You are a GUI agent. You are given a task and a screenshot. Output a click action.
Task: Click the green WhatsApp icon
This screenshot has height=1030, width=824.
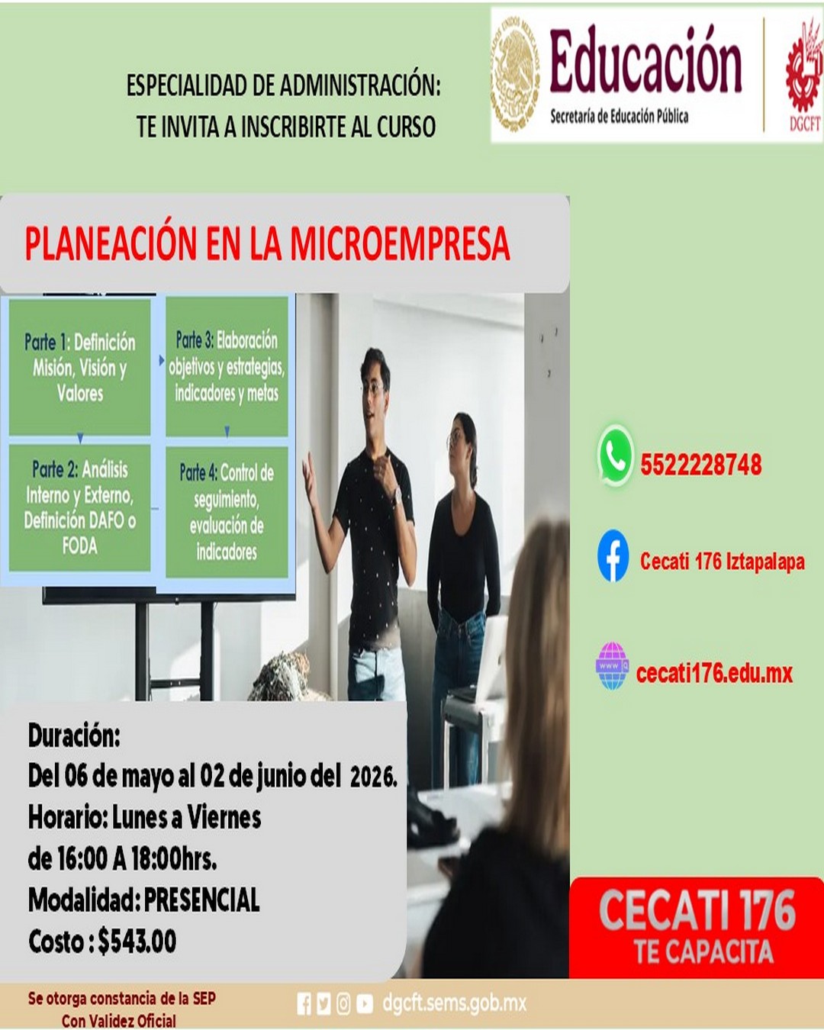click(x=615, y=455)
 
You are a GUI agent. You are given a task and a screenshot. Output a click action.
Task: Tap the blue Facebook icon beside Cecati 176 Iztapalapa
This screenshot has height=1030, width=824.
click(x=613, y=556)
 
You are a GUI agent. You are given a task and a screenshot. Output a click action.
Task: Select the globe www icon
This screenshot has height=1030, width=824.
click(x=612, y=666)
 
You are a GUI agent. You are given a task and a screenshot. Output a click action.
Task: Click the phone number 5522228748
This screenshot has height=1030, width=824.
click(x=700, y=465)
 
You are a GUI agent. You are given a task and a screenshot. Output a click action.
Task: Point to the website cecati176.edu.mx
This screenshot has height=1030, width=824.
click(x=714, y=673)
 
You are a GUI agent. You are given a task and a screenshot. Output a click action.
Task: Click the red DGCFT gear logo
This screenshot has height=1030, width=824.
click(x=804, y=72)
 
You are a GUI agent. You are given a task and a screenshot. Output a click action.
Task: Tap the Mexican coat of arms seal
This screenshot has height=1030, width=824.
click(x=515, y=74)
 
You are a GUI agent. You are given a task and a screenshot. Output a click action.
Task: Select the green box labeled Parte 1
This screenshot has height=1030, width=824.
click(x=79, y=367)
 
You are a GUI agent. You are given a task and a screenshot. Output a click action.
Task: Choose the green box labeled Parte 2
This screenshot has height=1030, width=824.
click(x=79, y=507)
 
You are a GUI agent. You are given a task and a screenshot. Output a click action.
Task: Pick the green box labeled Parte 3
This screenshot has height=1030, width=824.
click(x=227, y=366)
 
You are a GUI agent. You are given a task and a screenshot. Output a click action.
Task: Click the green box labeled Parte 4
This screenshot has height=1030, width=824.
click(x=227, y=511)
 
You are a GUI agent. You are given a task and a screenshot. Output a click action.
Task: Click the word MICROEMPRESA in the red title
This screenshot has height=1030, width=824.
click(x=399, y=244)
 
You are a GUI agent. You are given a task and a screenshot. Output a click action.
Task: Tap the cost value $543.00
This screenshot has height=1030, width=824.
click(x=137, y=941)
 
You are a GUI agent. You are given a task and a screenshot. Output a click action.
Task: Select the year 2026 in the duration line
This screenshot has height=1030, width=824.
click(x=372, y=777)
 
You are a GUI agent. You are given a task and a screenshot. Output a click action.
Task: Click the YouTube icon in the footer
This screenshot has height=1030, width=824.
click(x=365, y=1004)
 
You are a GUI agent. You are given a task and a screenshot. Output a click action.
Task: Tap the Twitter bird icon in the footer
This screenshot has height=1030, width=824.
click(x=323, y=1004)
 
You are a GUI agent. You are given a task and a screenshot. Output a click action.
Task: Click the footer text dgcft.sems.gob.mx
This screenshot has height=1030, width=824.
click(x=454, y=1003)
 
